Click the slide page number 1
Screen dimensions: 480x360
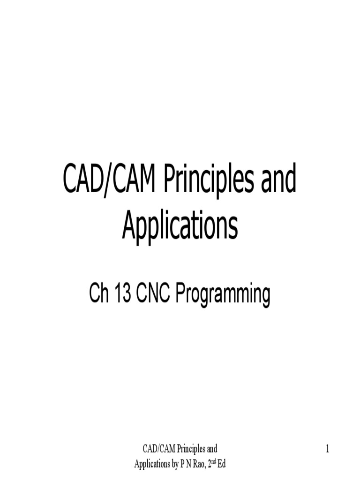(328, 450)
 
